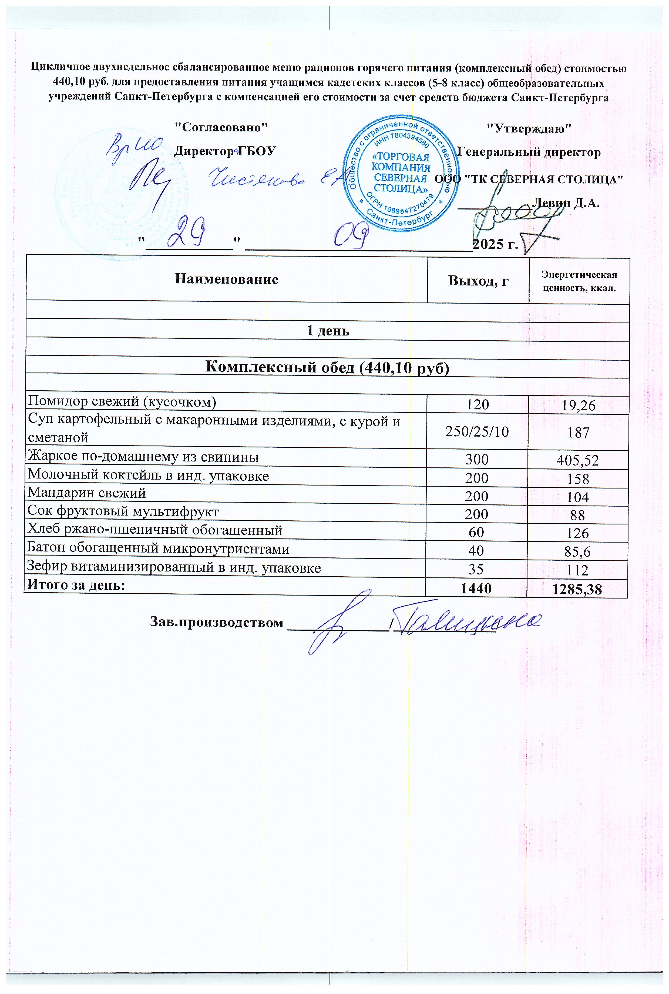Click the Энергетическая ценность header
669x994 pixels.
(579, 281)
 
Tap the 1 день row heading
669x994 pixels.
(328, 331)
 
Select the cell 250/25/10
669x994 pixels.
(477, 432)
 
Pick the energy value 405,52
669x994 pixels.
(578, 460)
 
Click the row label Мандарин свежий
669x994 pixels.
(87, 493)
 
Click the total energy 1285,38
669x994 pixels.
(577, 590)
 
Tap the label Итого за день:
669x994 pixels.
(76, 585)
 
